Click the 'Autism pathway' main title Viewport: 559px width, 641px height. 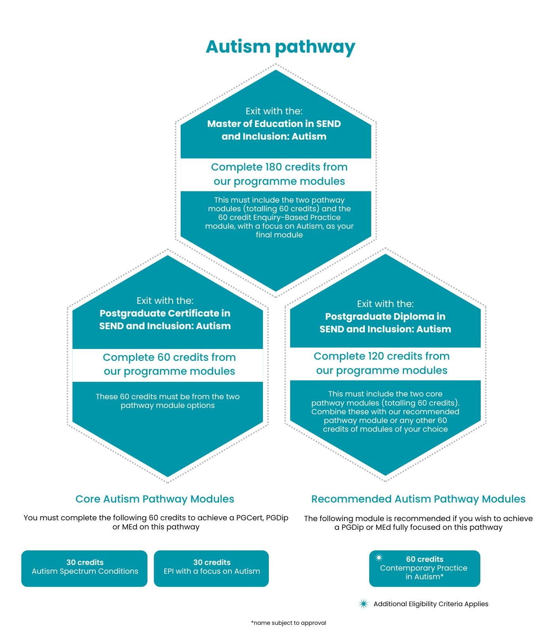tap(280, 47)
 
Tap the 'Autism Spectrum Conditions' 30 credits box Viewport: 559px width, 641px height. tap(84, 568)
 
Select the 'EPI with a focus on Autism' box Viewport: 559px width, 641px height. tap(212, 568)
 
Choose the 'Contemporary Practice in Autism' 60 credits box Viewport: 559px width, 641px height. tap(425, 568)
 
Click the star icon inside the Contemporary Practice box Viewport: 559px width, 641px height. tap(379, 558)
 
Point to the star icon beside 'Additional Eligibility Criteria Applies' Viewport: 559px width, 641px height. tap(363, 604)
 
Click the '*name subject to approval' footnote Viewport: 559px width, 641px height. tap(289, 623)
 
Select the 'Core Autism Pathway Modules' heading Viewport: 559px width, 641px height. tap(155, 499)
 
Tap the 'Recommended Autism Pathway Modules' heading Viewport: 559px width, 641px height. tap(418, 499)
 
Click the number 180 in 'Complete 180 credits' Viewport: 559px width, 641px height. tap(273, 167)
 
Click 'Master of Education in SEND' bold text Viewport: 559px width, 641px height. tap(274, 124)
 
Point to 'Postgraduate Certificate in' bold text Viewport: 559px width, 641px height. tap(165, 313)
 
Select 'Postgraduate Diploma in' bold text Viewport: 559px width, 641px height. tap(385, 317)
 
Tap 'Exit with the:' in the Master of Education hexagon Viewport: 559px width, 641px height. tap(274, 111)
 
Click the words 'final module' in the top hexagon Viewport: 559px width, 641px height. tap(279, 235)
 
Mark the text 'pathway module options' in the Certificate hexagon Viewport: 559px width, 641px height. tap(168, 406)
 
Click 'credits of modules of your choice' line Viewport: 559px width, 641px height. tap(385, 429)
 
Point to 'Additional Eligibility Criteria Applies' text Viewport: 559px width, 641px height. tap(431, 604)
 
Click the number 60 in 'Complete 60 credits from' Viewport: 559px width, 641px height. tap(164, 357)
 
